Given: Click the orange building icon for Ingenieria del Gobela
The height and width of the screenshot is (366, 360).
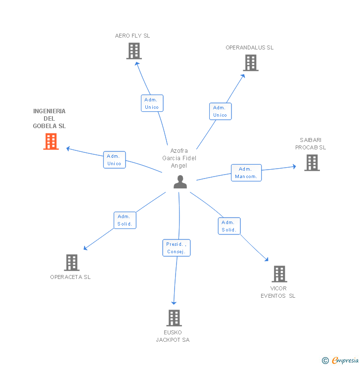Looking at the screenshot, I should tap(51, 141).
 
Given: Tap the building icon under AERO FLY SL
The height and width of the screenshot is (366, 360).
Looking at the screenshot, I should tap(134, 51).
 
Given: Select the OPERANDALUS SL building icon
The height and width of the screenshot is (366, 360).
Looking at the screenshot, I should tap(251, 63).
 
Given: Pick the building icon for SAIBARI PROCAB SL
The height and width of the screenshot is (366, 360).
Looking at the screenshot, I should tap(312, 163).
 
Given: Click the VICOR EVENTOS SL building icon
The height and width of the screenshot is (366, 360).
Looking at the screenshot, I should tap(279, 274).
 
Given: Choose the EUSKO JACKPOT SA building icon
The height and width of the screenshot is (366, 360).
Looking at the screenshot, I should tap(174, 318).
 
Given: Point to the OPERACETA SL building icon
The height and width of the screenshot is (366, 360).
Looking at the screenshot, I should tap(72, 263).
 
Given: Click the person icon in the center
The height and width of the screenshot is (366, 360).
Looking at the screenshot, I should tap(180, 182).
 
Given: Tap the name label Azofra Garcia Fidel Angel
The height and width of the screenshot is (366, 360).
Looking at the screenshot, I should tap(179, 158).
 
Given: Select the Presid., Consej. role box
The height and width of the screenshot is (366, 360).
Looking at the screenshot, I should tap(176, 248).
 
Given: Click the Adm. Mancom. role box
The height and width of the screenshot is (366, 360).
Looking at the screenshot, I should tap(246, 173).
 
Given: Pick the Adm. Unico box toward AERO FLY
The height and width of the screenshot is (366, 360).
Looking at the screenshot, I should tap(152, 103).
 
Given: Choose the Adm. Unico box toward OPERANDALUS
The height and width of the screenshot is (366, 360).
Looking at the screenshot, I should tap(220, 111).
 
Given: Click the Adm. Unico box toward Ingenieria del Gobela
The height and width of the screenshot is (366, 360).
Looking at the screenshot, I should tap(114, 160).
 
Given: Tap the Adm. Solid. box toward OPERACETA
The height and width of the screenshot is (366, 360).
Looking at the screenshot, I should tap(125, 220).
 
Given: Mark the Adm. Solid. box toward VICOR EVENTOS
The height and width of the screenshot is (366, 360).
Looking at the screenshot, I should tap(229, 226).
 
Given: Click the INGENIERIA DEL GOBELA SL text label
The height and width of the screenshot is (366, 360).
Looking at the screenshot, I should tap(49, 119).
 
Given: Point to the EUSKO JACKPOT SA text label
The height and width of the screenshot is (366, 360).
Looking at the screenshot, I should tap(173, 336).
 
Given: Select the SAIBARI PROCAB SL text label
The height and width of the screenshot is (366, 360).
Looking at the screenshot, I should tap(311, 143).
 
